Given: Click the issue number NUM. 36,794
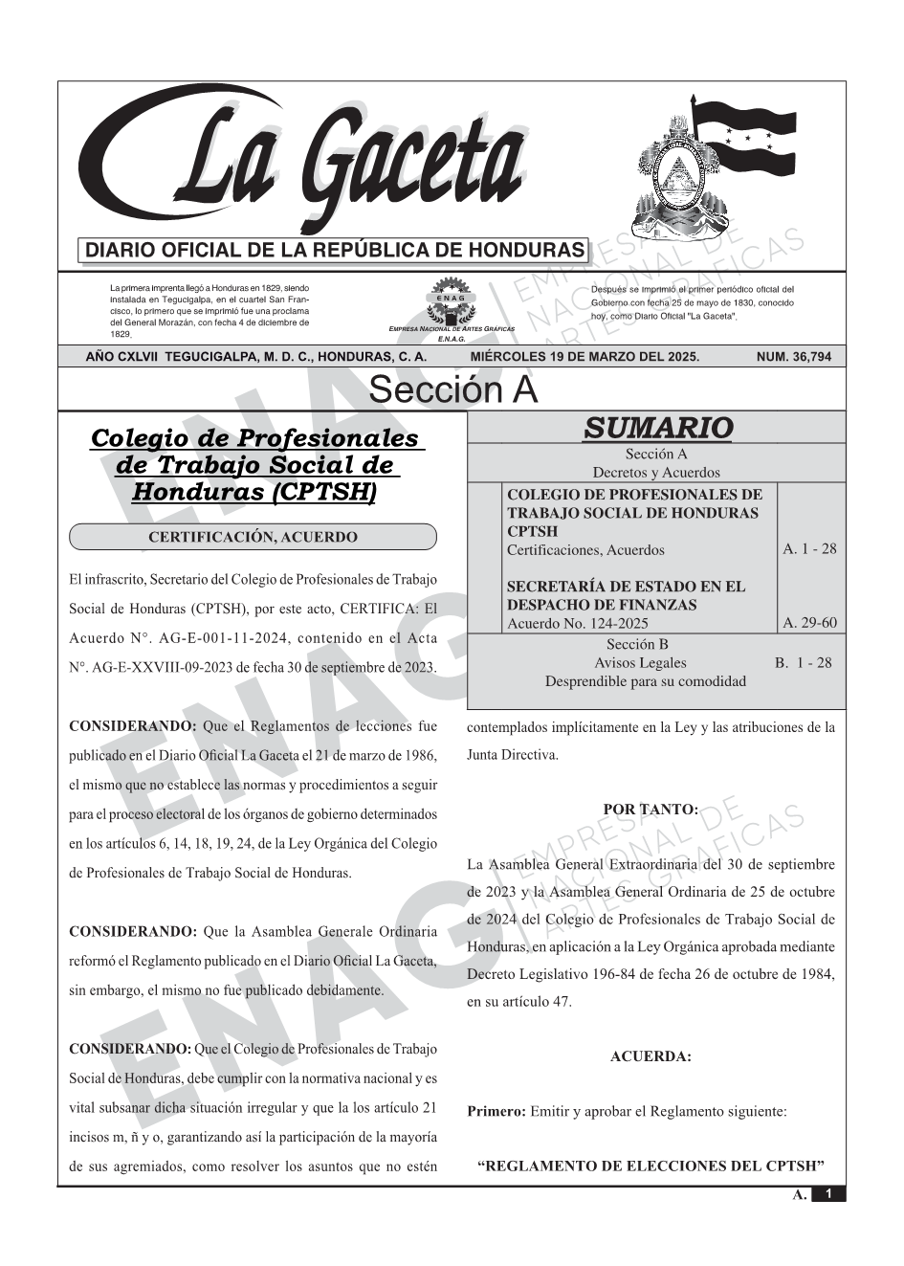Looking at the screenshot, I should (x=793, y=357).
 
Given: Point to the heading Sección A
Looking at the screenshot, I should (x=452, y=390).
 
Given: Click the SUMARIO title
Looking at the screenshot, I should (x=657, y=428).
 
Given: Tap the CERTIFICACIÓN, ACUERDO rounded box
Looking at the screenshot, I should (x=253, y=537).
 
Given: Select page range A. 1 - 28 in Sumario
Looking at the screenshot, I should (x=809, y=548).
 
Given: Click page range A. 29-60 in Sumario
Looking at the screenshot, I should (x=809, y=623).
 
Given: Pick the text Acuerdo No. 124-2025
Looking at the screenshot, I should (x=577, y=623).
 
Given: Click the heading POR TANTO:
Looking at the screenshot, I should (x=650, y=810).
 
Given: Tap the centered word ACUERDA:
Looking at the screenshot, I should (x=650, y=1056).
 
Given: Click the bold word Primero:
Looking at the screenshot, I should (x=496, y=1111).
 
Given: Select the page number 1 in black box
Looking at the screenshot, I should (x=828, y=1194).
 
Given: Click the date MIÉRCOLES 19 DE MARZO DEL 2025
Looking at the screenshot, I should (x=584, y=357).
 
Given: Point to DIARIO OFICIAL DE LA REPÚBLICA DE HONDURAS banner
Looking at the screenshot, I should (x=335, y=251).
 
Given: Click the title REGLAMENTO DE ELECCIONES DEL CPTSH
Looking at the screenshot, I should (x=650, y=1166).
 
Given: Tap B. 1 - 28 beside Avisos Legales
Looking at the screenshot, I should (x=803, y=662).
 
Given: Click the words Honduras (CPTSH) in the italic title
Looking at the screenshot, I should (x=254, y=492).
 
